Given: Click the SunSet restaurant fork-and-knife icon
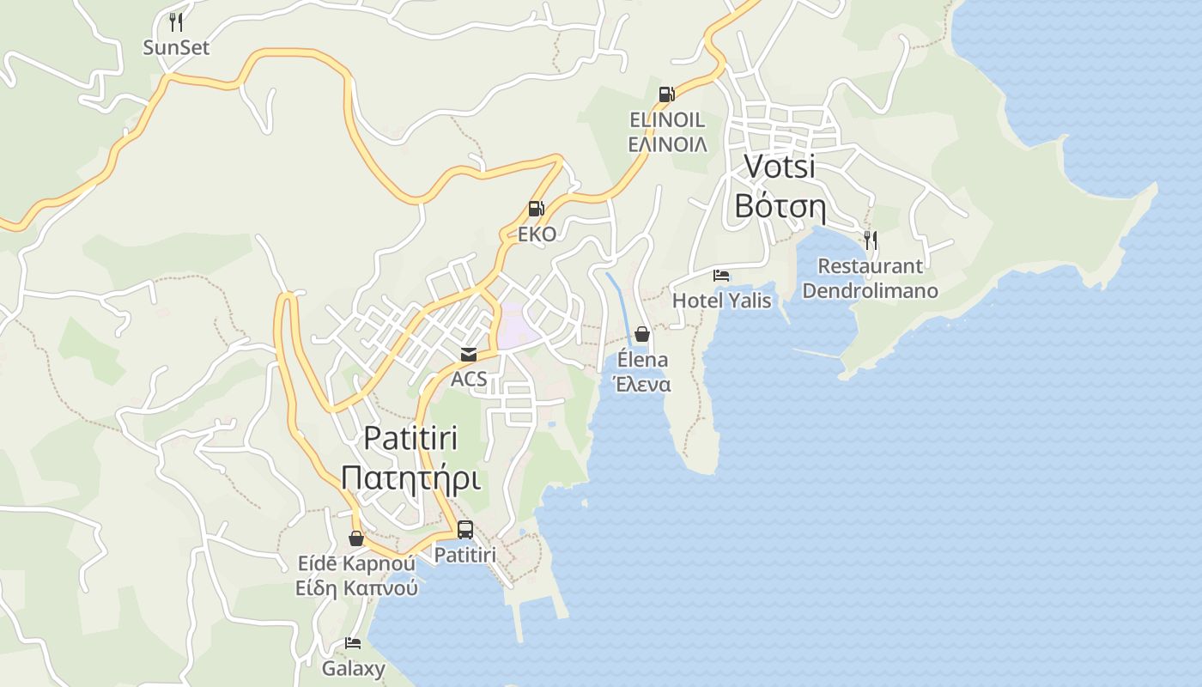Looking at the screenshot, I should (x=176, y=21).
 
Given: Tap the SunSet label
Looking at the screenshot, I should (x=176, y=48).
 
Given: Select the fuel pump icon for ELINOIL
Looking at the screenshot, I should (x=666, y=94).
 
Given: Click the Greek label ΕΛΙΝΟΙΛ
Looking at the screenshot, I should (x=667, y=144).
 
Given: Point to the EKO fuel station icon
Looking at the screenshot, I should (x=536, y=209).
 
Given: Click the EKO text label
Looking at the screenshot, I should (x=537, y=234).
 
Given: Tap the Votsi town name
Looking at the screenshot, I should (x=779, y=166).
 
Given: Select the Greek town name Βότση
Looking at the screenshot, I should (x=780, y=207).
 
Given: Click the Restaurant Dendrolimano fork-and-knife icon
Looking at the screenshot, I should (x=870, y=240).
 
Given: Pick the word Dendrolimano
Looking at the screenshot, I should (x=870, y=291).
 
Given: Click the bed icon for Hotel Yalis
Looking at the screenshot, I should (x=721, y=276).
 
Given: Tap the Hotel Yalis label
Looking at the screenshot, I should (x=721, y=301).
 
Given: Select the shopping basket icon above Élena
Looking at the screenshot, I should (x=642, y=334).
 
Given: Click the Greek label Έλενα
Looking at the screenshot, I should (x=642, y=385).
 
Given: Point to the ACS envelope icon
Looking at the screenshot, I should (x=468, y=354).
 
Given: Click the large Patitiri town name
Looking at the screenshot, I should (x=410, y=437).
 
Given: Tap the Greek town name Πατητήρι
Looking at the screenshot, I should (x=410, y=478).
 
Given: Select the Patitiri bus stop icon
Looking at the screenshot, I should (x=464, y=530).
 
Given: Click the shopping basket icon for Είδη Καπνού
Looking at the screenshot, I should (x=356, y=538).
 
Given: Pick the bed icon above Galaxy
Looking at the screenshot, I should (x=353, y=642).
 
